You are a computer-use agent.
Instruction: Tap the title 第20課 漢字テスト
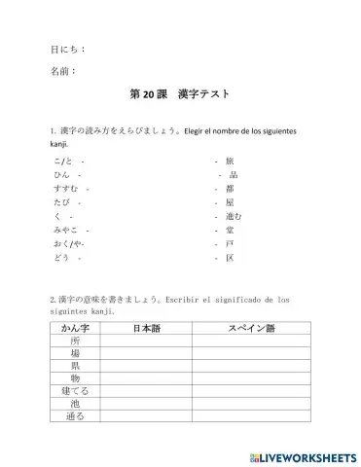coord(180,98)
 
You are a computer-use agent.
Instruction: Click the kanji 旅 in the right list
coord(230,160)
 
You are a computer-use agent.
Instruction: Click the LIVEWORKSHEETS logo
coord(303,455)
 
